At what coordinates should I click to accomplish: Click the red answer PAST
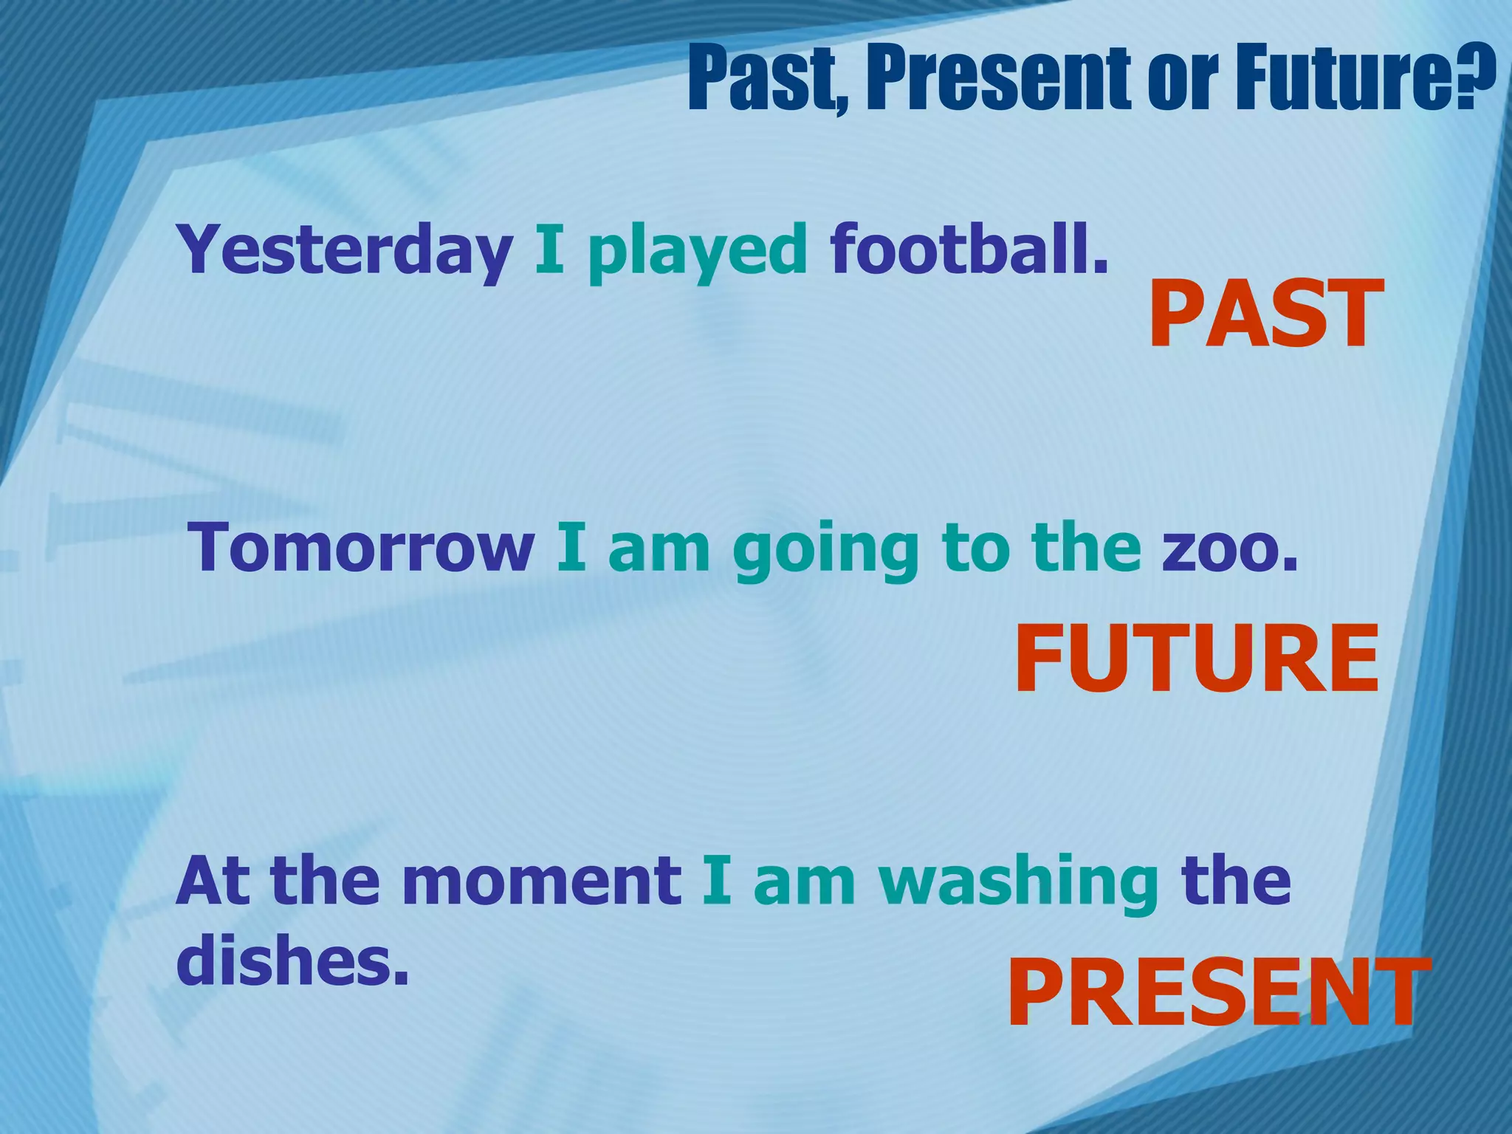click(1265, 315)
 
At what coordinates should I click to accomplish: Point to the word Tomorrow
click(362, 548)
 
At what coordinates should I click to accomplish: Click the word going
click(825, 552)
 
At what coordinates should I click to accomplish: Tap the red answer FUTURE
click(1197, 659)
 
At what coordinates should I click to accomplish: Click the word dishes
click(292, 961)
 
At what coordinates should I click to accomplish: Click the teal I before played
click(549, 250)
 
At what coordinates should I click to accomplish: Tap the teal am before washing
click(805, 883)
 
